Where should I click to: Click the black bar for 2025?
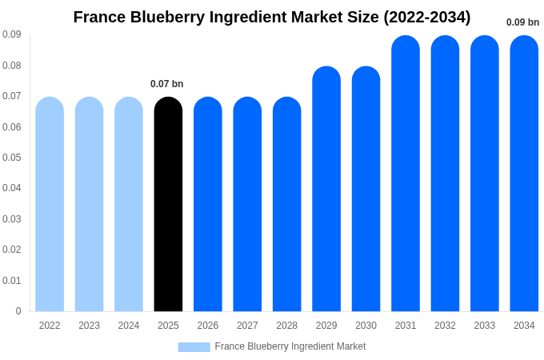(x=168, y=204)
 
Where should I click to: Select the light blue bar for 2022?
(x=50, y=204)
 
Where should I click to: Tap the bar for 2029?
(x=326, y=189)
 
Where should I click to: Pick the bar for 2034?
(x=524, y=174)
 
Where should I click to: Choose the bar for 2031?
(x=406, y=174)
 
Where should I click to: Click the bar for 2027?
(x=247, y=204)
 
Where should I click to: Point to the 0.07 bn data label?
(x=166, y=84)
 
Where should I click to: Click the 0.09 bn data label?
(x=522, y=22)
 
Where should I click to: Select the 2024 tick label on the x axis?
(x=129, y=326)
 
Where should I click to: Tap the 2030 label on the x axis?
(x=366, y=326)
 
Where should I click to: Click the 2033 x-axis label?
(x=485, y=326)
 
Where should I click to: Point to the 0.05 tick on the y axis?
(x=11, y=158)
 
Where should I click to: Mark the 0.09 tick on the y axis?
(x=11, y=34)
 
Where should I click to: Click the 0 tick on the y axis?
(x=18, y=311)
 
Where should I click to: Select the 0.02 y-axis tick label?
(x=11, y=250)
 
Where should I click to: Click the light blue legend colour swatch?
(x=194, y=347)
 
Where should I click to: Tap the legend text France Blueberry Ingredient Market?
(x=290, y=346)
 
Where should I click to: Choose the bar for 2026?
(x=208, y=204)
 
